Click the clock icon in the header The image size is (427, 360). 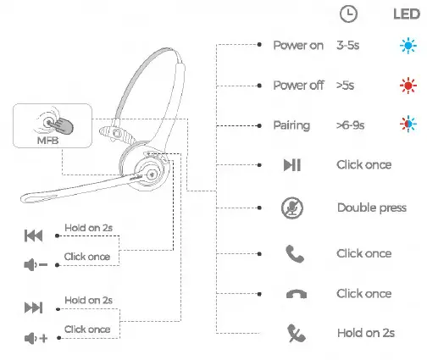point(347,14)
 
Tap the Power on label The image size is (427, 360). point(297,45)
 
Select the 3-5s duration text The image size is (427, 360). point(350,45)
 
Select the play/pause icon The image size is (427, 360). point(291,165)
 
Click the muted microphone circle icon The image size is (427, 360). point(291,208)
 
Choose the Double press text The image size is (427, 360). point(371,208)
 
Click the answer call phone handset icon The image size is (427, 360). point(291,253)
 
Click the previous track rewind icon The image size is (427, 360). point(33,235)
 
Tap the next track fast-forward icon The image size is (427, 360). point(33,307)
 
